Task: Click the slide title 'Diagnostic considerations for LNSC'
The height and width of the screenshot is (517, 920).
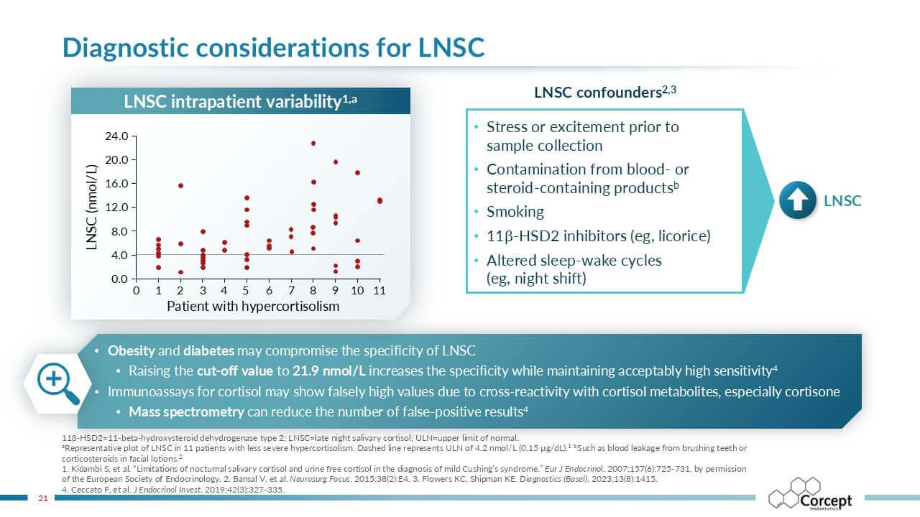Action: (x=273, y=47)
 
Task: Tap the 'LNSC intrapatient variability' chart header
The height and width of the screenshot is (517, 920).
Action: (x=240, y=102)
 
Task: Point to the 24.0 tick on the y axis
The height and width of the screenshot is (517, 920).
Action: (x=116, y=136)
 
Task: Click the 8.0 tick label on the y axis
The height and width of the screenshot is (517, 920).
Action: (x=119, y=231)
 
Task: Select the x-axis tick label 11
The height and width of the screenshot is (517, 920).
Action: (x=379, y=292)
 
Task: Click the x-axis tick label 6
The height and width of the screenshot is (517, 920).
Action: (x=269, y=292)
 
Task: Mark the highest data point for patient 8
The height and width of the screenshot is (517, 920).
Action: (x=313, y=144)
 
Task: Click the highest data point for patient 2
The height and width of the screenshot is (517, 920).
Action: (x=180, y=185)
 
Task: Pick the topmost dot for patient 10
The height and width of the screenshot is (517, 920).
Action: (x=357, y=173)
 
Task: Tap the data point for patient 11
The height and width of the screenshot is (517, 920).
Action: (x=379, y=201)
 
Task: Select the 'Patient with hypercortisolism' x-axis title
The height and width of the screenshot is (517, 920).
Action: (x=253, y=307)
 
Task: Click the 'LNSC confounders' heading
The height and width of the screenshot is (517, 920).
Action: (x=606, y=93)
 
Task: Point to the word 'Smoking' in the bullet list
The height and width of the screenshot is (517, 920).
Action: (x=515, y=212)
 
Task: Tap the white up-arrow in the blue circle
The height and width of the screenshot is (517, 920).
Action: (x=798, y=201)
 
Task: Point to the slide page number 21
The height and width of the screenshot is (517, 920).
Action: (x=42, y=498)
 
